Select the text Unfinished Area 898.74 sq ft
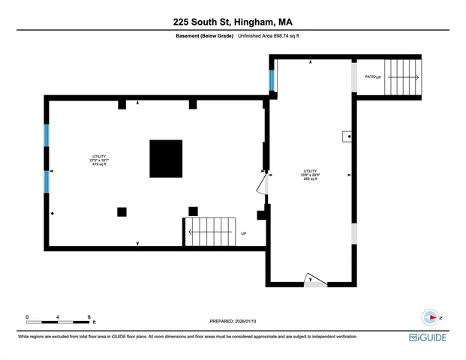[x=269, y=36]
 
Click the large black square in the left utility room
[x=166, y=158]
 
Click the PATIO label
[x=369, y=76]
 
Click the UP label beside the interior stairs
[x=244, y=233]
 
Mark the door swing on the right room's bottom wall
[x=314, y=280]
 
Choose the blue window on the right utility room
[x=272, y=78]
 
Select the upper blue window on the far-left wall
[x=47, y=136]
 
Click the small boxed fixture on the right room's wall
[x=348, y=136]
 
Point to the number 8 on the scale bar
[x=89, y=318]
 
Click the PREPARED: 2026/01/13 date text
[x=233, y=322]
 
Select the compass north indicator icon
[x=431, y=317]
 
